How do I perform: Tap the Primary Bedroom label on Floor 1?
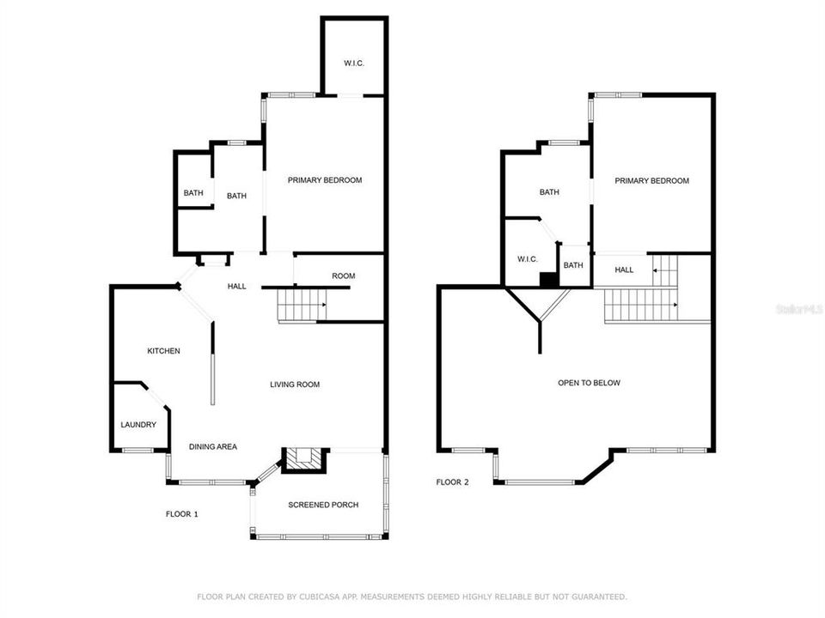(x=325, y=180)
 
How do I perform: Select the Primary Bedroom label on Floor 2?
(x=651, y=181)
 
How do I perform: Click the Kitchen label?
(x=163, y=351)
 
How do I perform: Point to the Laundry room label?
(x=138, y=425)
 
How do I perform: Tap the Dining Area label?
(x=213, y=446)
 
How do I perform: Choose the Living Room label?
(x=295, y=385)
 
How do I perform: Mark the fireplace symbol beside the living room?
(x=306, y=459)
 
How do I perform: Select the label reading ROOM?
(x=344, y=276)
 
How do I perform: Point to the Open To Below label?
(x=589, y=383)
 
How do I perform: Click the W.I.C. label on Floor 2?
(x=527, y=259)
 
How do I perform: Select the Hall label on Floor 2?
(x=624, y=270)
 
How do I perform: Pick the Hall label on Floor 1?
(x=237, y=286)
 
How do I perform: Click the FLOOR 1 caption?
(x=182, y=514)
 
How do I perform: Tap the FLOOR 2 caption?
(x=452, y=482)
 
